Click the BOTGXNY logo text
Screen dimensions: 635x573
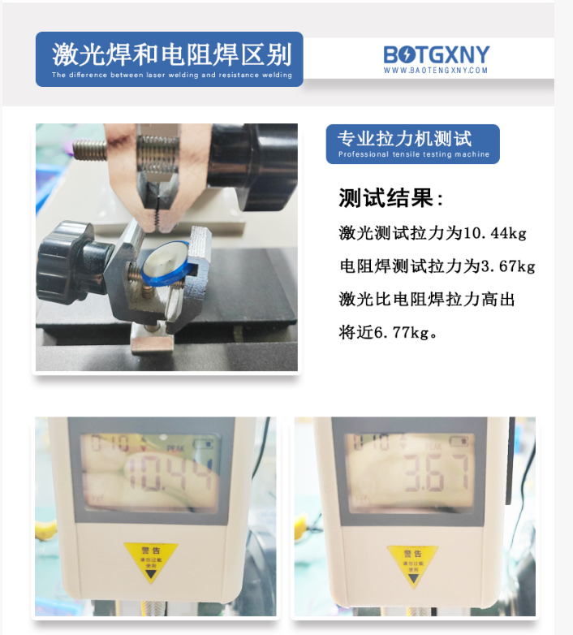click(437, 54)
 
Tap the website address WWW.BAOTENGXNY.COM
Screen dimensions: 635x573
click(436, 71)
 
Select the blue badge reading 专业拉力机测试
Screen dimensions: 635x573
click(413, 144)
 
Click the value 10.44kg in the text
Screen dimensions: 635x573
click(494, 233)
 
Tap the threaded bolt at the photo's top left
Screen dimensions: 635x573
click(90, 151)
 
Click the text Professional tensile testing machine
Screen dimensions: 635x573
click(413, 154)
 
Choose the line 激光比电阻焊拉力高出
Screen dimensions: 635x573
click(427, 300)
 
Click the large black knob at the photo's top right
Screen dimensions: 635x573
click(267, 162)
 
